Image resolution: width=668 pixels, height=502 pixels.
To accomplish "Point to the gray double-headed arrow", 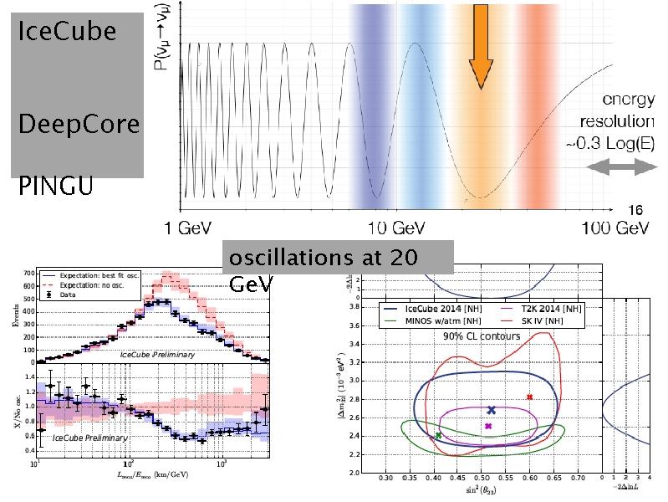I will (x=618, y=168).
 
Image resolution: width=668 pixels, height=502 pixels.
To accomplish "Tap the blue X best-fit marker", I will (x=491, y=410).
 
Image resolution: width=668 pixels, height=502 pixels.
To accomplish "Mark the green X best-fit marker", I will (x=438, y=436).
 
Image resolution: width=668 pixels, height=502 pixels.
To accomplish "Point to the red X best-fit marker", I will (x=529, y=397).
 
